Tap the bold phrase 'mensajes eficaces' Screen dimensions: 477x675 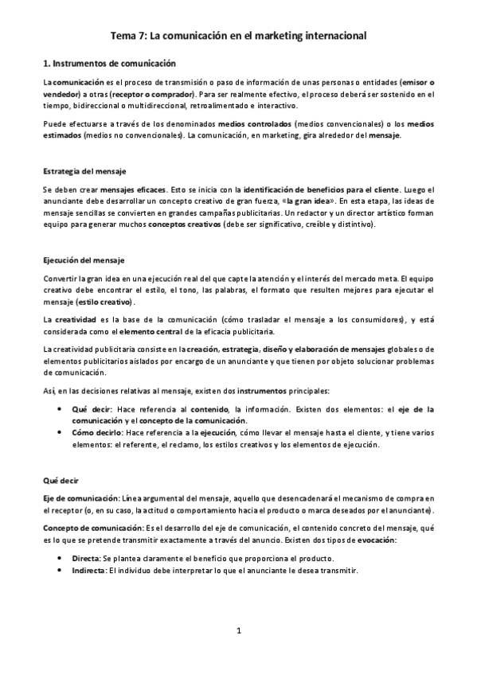(106, 191)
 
